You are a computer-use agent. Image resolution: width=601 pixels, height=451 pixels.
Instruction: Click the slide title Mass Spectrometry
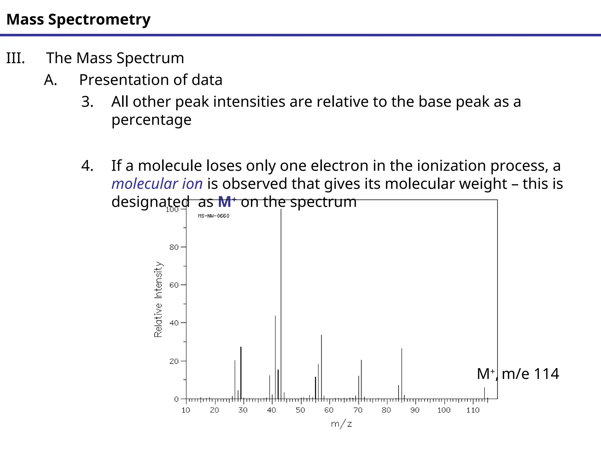[78, 19]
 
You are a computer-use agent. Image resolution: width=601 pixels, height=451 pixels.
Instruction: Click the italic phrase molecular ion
[157, 184]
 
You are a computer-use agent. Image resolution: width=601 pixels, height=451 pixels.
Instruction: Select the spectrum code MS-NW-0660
[214, 216]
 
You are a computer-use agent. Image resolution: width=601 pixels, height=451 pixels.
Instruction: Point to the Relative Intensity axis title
[158, 299]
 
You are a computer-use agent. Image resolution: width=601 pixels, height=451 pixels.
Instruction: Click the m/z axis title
[341, 424]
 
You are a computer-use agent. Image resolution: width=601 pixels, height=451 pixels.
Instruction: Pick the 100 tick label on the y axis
[172, 209]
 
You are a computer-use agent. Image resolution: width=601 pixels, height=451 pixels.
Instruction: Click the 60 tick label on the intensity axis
[174, 285]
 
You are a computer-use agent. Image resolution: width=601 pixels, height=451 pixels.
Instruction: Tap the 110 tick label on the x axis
[473, 410]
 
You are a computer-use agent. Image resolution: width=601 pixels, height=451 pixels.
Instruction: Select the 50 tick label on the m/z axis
[300, 410]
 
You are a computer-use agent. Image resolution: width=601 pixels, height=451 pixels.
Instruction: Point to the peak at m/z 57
[321, 367]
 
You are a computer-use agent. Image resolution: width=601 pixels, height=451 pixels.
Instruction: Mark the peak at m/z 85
[402, 373]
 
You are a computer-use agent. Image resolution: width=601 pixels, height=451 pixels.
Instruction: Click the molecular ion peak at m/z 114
[484, 393]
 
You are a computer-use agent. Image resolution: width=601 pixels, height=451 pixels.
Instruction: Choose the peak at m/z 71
[361, 379]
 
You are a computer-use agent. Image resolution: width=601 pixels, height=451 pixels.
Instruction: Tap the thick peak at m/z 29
[241, 373]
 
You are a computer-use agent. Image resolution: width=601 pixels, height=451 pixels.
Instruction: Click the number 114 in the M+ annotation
[546, 374]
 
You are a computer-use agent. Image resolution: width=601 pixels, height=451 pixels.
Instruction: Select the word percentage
[151, 120]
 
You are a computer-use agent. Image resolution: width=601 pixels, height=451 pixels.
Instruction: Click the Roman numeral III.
[16, 58]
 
